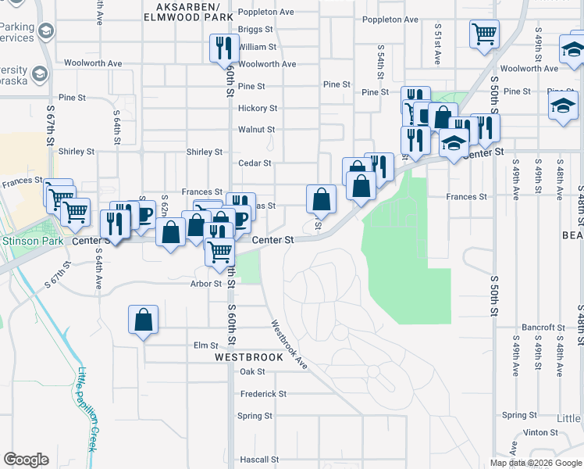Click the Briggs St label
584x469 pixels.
(257, 30)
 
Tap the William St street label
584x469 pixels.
(257, 47)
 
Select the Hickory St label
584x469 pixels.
(258, 108)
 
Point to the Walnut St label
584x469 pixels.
(256, 129)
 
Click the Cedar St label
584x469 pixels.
(255, 163)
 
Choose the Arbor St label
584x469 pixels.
(206, 283)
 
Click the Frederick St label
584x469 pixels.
(264, 394)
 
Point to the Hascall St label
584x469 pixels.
(259, 460)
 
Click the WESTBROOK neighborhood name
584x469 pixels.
(249, 357)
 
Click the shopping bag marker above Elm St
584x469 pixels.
(144, 320)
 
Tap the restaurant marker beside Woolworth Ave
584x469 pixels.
(224, 48)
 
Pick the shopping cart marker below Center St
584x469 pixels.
(220, 250)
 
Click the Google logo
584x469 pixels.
(27, 459)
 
